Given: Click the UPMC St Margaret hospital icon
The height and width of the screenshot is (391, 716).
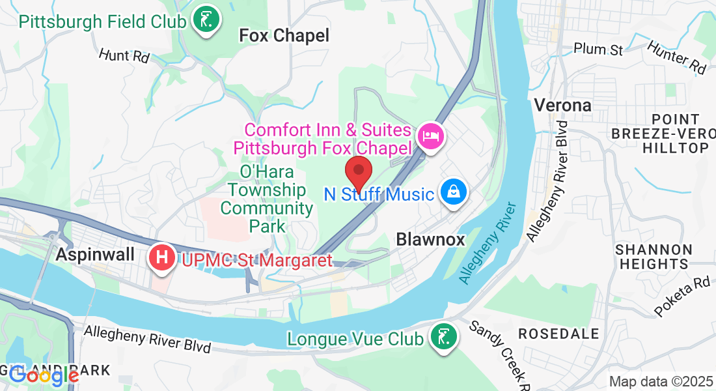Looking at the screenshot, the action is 161,258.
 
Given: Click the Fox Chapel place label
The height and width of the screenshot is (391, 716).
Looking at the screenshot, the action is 284,36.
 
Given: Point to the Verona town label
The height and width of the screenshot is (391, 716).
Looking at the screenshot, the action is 562,104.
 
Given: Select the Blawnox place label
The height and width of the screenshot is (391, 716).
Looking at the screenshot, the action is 430,240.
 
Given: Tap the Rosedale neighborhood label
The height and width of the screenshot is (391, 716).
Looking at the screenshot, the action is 558,334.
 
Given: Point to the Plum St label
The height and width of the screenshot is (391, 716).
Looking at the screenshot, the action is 598,50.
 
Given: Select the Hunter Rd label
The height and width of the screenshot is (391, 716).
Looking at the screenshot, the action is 677,57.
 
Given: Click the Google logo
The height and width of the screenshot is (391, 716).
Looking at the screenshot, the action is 43,375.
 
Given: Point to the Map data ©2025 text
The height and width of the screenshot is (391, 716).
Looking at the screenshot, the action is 660,381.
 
